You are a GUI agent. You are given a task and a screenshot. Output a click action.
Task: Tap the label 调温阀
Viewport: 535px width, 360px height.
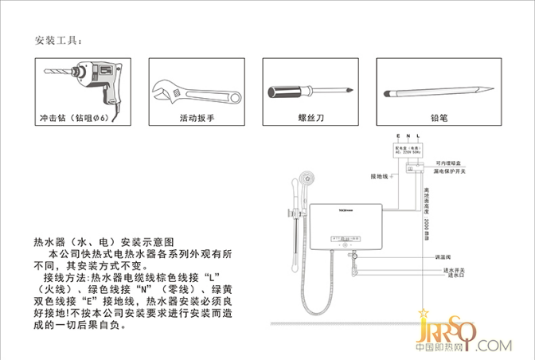(443, 257)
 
